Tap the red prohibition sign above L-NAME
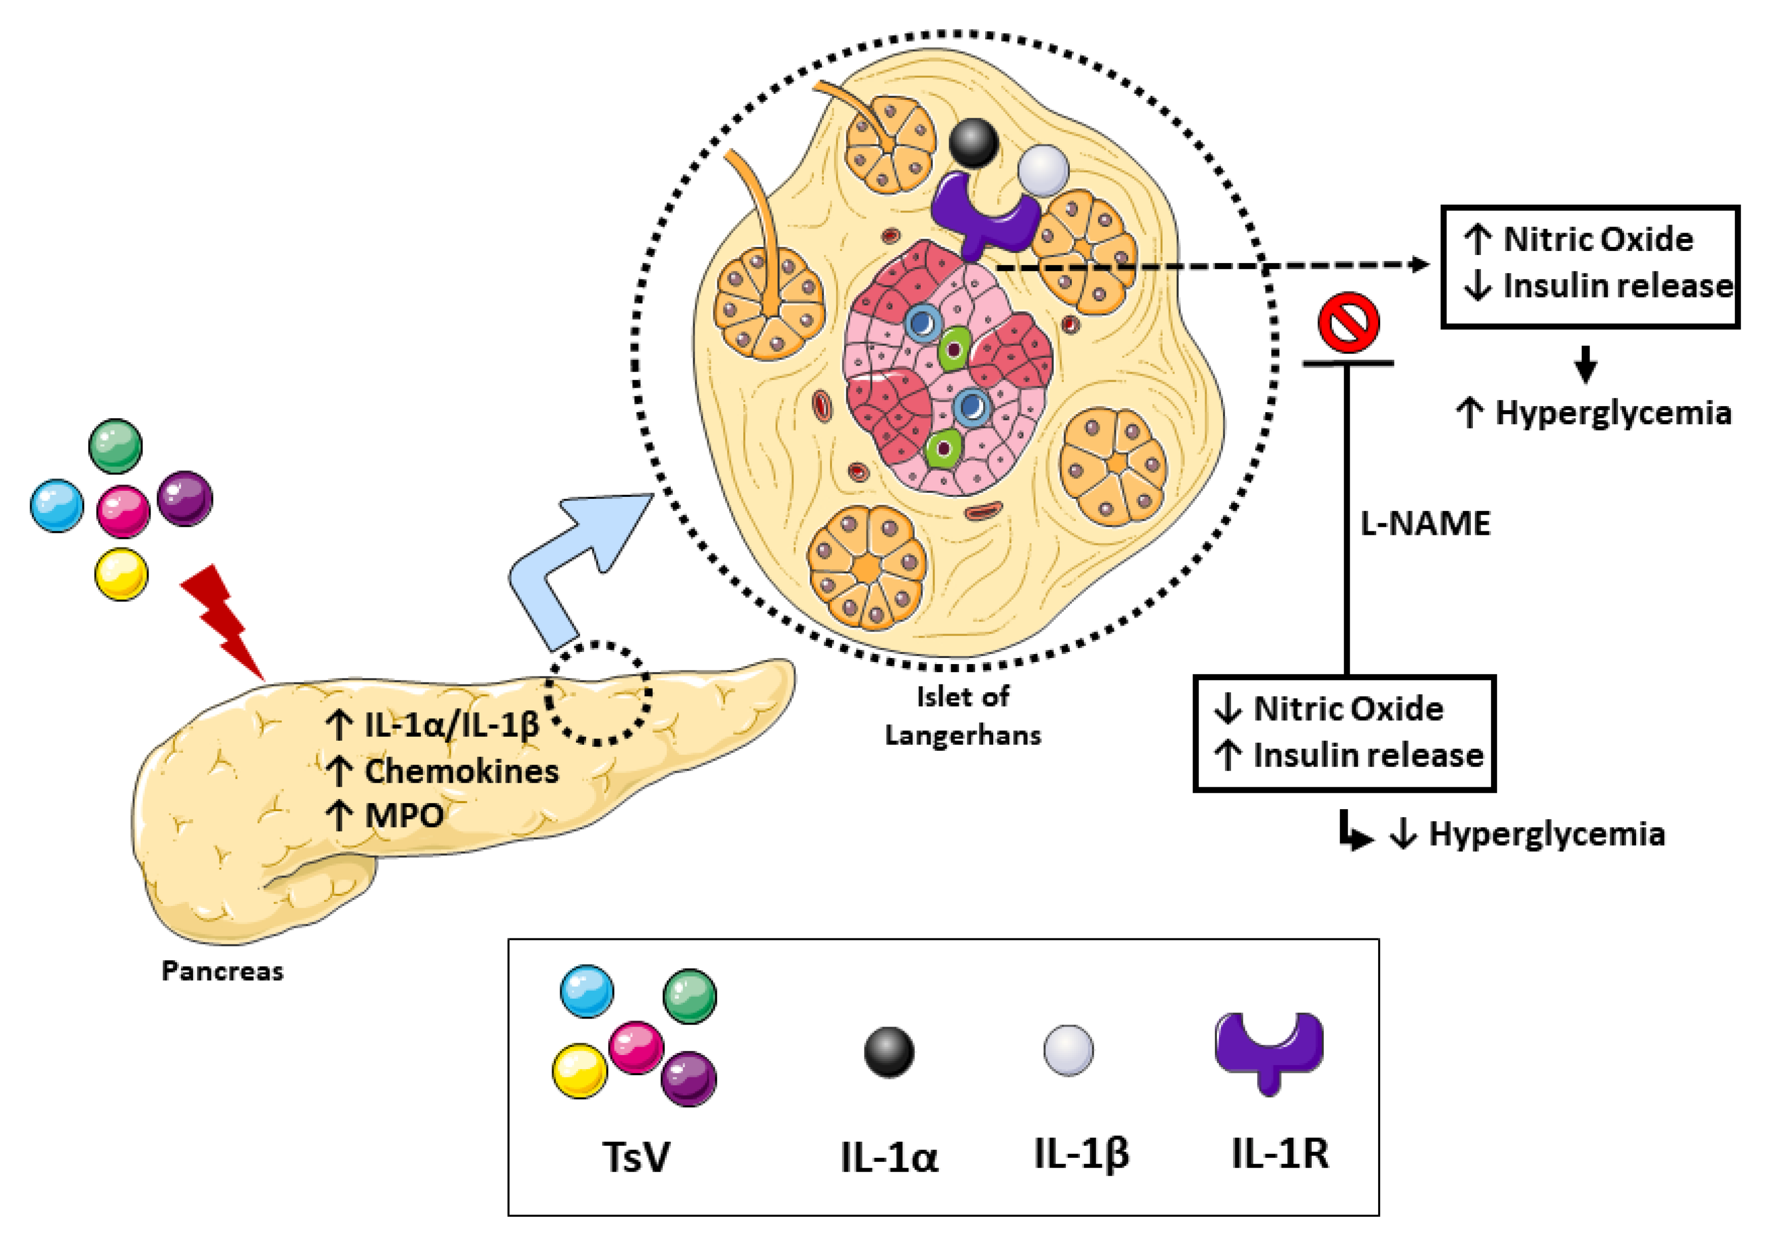tap(1348, 322)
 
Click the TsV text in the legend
tap(636, 1157)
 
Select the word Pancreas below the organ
tap(222, 970)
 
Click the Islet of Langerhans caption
tap(962, 715)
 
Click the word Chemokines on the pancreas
tap(461, 771)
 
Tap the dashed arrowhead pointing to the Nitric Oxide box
tap(1419, 265)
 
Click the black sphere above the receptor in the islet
tap(973, 142)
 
